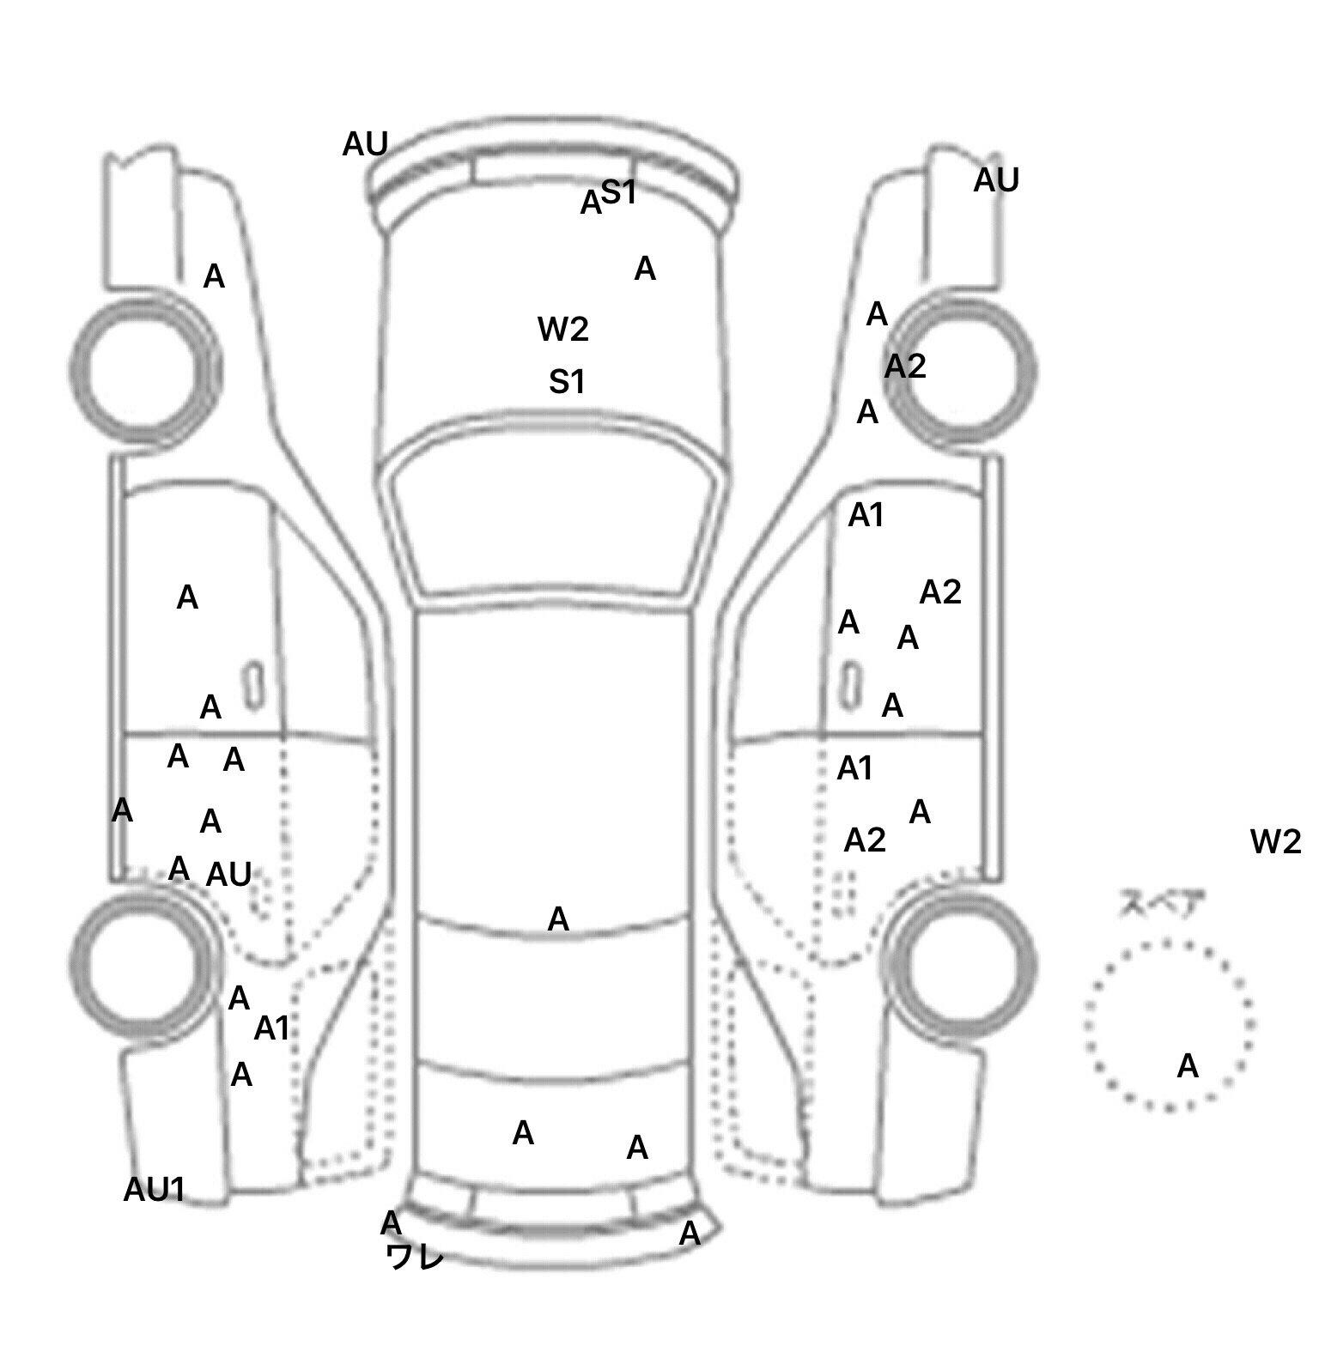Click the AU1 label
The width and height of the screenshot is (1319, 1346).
[155, 1189]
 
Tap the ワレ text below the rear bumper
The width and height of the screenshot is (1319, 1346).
[415, 1257]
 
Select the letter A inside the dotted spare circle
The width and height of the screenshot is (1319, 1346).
[1188, 1066]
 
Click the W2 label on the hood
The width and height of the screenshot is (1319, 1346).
[563, 329]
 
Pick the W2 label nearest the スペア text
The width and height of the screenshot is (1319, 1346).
[1276, 842]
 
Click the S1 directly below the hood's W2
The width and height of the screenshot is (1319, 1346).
[567, 381]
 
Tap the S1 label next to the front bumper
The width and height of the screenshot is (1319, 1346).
[618, 192]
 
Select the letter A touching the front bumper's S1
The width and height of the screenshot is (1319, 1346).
[591, 203]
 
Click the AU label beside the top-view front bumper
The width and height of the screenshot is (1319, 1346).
[366, 144]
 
